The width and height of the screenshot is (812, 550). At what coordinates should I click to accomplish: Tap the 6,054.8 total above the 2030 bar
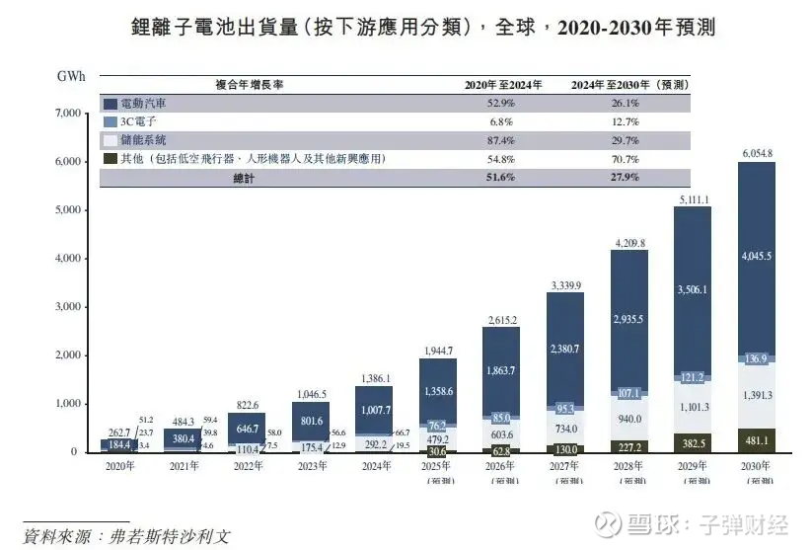click(x=756, y=153)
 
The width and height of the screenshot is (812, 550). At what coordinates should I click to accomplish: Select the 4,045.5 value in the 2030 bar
click(x=757, y=255)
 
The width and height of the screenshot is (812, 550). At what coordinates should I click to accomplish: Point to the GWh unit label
click(x=70, y=75)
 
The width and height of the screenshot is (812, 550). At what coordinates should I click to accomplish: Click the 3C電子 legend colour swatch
click(x=110, y=121)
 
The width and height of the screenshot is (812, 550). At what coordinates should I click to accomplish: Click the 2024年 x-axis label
click(x=374, y=465)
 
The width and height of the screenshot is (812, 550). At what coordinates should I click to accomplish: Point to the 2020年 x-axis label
click(x=119, y=465)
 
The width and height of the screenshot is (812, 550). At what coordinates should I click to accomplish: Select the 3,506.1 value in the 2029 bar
click(x=693, y=290)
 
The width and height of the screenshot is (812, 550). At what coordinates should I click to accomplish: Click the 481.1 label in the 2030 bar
click(x=757, y=440)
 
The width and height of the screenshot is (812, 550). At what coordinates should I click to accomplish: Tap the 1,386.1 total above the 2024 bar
click(x=374, y=378)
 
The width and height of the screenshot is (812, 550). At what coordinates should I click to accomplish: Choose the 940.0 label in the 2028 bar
click(x=629, y=418)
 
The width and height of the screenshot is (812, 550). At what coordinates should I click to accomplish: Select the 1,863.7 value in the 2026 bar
click(x=502, y=368)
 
